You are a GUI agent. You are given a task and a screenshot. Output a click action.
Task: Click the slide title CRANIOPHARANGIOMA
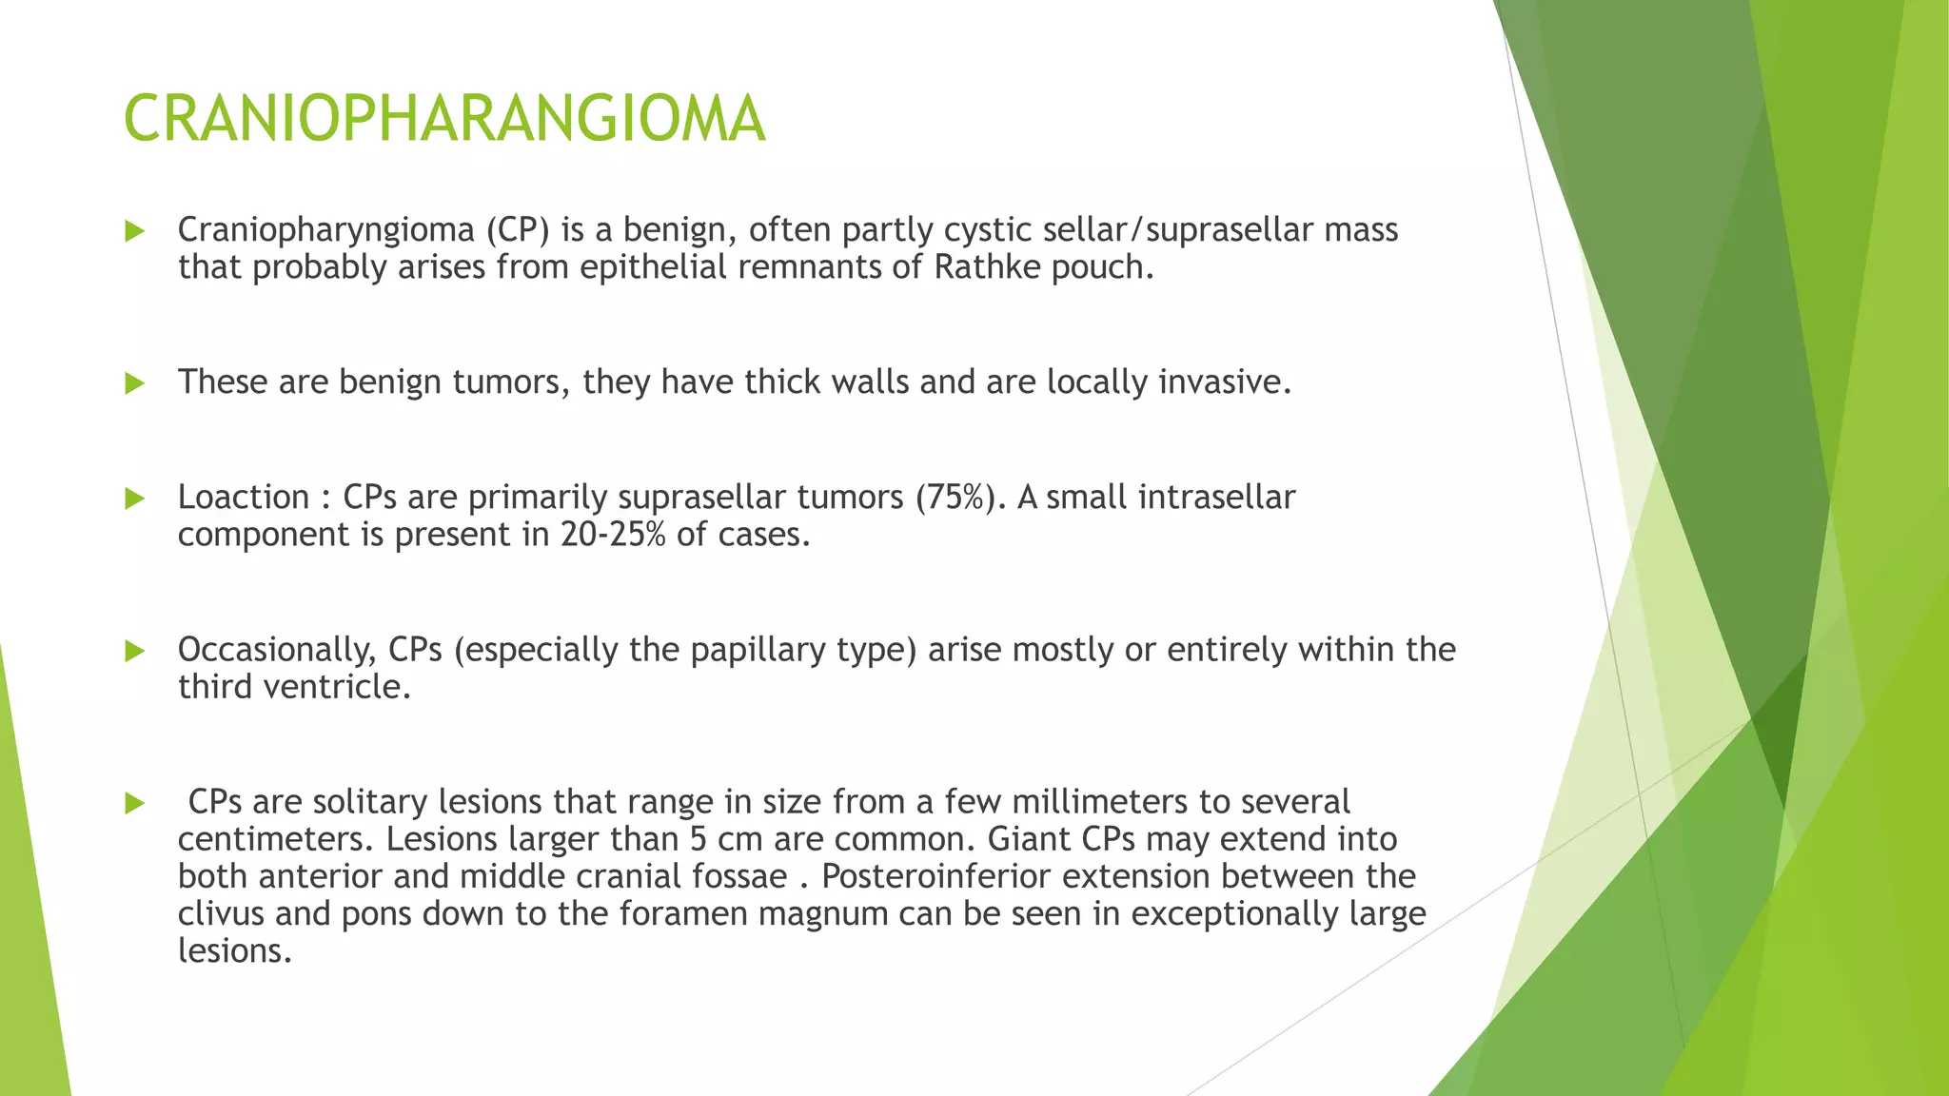(443, 119)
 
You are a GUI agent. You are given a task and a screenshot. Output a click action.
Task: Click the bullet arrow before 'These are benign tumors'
(134, 383)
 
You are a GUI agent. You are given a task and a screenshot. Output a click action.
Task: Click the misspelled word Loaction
(243, 498)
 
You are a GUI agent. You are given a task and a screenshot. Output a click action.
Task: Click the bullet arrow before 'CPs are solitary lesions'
(134, 804)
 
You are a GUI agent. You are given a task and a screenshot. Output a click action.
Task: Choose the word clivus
(220, 913)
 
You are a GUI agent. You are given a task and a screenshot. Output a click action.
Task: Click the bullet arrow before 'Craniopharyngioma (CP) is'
(134, 231)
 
